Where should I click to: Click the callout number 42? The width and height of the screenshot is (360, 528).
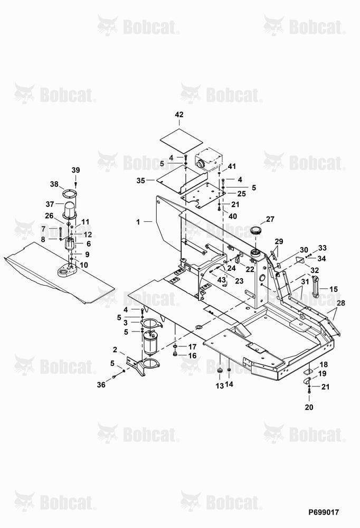pyautogui.click(x=179, y=115)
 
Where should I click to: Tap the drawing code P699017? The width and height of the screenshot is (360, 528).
pyautogui.click(x=324, y=512)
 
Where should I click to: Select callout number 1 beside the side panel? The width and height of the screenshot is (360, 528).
pyautogui.click(x=138, y=222)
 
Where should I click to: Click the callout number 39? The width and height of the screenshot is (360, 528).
pyautogui.click(x=76, y=170)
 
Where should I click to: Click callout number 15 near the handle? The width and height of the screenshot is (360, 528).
pyautogui.click(x=334, y=289)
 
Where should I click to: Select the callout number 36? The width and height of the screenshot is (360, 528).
pyautogui.click(x=101, y=384)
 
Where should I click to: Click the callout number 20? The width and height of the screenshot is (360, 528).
pyautogui.click(x=309, y=407)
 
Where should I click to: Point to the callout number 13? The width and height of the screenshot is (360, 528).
pyautogui.click(x=220, y=386)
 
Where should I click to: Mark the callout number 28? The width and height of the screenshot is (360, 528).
pyautogui.click(x=341, y=303)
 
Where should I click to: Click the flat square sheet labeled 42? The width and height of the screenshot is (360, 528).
pyautogui.click(x=181, y=141)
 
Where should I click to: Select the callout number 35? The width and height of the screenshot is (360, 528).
pyautogui.click(x=141, y=181)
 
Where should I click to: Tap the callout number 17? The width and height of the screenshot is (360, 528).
pyautogui.click(x=192, y=346)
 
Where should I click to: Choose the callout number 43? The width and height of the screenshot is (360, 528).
pyautogui.click(x=222, y=280)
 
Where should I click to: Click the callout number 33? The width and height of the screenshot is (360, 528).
pyautogui.click(x=323, y=248)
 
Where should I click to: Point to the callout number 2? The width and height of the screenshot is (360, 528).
pyautogui.click(x=115, y=350)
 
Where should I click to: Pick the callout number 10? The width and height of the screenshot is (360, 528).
pyautogui.click(x=83, y=265)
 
